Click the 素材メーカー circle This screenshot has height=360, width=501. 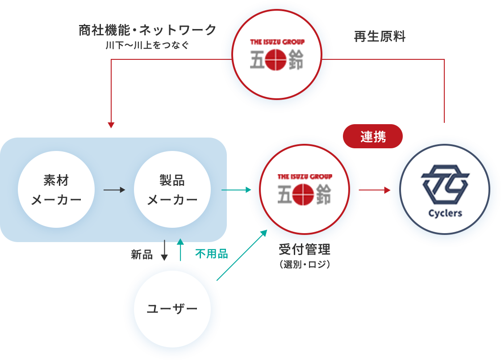pyautogui.click(x=56, y=189)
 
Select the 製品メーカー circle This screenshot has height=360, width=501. pyautogui.click(x=172, y=189)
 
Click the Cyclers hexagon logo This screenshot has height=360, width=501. pyautogui.click(x=445, y=183)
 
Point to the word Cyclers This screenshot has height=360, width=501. pyautogui.click(x=445, y=213)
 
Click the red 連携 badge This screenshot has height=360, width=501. pyautogui.click(x=373, y=136)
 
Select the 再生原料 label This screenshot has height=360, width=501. pyautogui.click(x=380, y=37)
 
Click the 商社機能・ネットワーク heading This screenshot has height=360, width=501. pyautogui.click(x=148, y=30)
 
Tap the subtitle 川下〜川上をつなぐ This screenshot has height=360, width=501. pyautogui.click(x=148, y=45)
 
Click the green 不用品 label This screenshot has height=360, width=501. pyautogui.click(x=212, y=254)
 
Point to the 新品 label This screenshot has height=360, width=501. pyautogui.click(x=142, y=255)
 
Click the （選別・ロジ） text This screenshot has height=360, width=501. pyautogui.click(x=304, y=264)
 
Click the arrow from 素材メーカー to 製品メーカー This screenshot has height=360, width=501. pyautogui.click(x=114, y=190)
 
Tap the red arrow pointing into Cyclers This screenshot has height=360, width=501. pyautogui.click(x=375, y=190)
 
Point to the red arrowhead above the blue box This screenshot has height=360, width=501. pyautogui.click(x=111, y=125)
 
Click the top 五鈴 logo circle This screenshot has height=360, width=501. pyautogui.click(x=277, y=56)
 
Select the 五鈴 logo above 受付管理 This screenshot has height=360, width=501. pyautogui.click(x=305, y=190)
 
